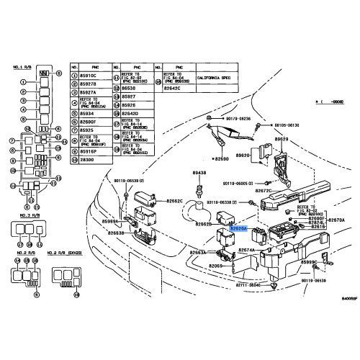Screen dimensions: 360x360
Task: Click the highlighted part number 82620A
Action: point(238,228)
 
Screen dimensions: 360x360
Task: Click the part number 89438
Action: point(199,174)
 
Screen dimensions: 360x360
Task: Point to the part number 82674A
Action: point(248,250)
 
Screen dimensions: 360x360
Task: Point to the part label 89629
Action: point(281,139)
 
